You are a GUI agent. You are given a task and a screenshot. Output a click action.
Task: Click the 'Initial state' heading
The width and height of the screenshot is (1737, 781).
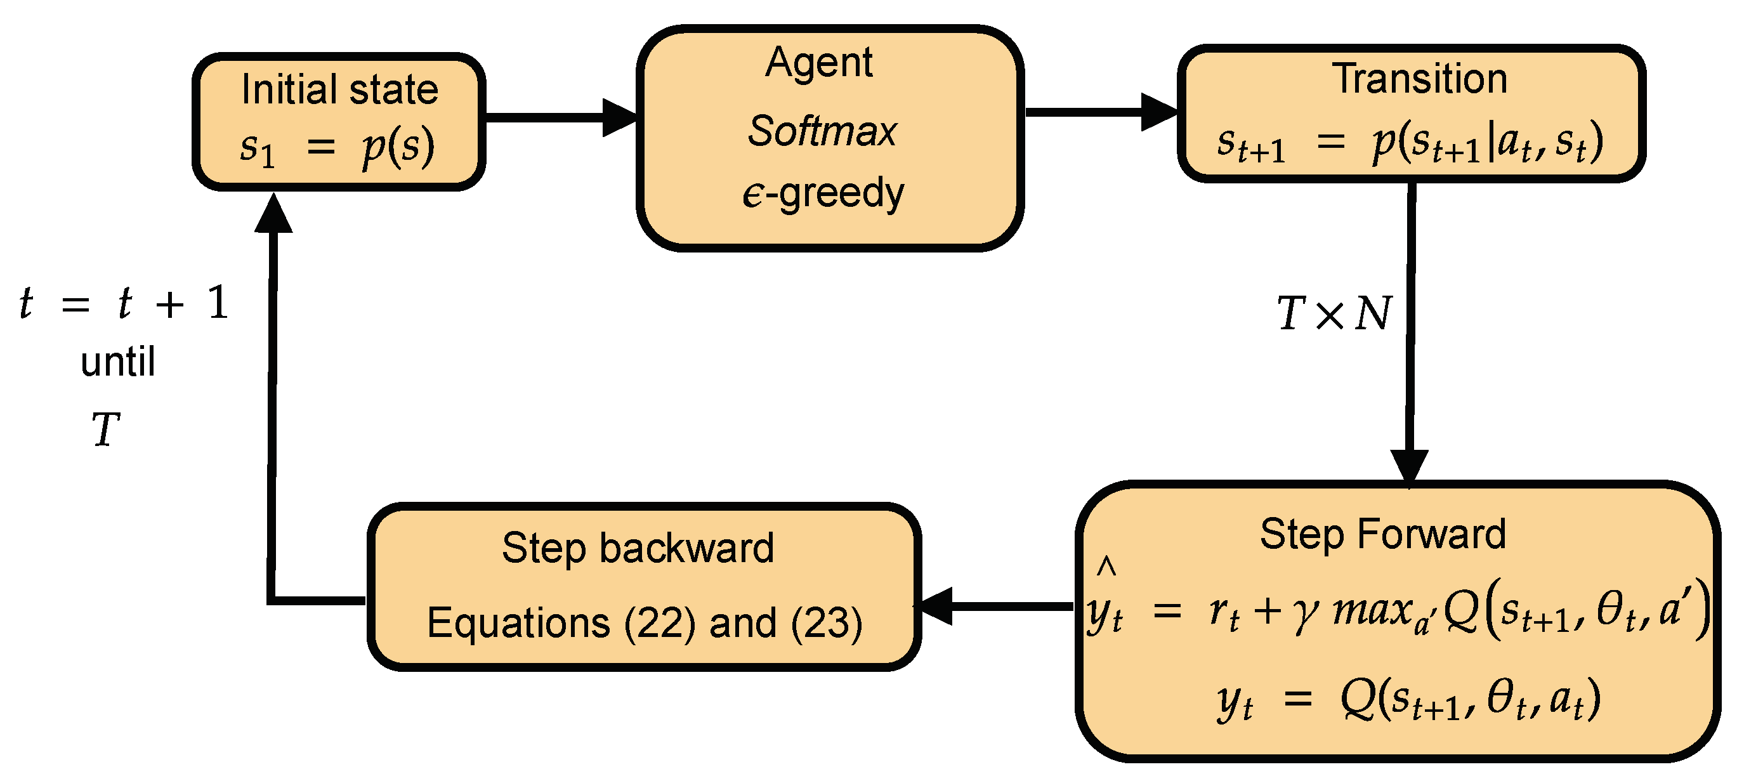(x=339, y=89)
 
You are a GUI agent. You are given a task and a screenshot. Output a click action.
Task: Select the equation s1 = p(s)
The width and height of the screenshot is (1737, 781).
(x=337, y=147)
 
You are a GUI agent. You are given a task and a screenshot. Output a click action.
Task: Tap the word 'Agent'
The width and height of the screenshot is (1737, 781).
(x=818, y=63)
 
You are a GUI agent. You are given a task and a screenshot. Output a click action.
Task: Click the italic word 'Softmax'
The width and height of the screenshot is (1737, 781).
(x=822, y=131)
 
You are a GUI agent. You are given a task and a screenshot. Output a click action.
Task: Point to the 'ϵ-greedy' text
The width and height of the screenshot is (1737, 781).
(x=823, y=194)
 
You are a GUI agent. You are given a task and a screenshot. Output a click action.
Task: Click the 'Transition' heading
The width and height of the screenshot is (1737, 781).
(x=1419, y=79)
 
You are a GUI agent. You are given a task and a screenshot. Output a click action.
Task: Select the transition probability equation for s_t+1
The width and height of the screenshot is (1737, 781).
(x=1409, y=143)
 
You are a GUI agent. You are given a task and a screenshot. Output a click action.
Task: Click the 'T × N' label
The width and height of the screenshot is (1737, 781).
(x=1333, y=313)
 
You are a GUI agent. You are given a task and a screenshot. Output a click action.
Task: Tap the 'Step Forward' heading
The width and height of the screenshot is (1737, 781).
(x=1382, y=534)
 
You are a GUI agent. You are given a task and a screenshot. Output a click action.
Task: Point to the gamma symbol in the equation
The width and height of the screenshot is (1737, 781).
(x=1306, y=614)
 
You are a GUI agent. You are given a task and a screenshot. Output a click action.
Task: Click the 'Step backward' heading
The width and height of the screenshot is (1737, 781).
(x=638, y=548)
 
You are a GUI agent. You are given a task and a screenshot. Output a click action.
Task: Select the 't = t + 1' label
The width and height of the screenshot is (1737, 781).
(x=125, y=303)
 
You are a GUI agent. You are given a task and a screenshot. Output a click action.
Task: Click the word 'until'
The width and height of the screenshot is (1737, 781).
(x=118, y=362)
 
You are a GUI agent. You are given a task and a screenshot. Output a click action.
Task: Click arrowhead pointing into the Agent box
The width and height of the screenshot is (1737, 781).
(x=619, y=118)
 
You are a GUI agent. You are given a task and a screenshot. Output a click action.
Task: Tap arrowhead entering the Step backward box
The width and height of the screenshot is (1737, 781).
(x=937, y=606)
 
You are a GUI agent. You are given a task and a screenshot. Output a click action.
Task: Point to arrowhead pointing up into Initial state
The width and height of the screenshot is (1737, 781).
(x=273, y=214)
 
